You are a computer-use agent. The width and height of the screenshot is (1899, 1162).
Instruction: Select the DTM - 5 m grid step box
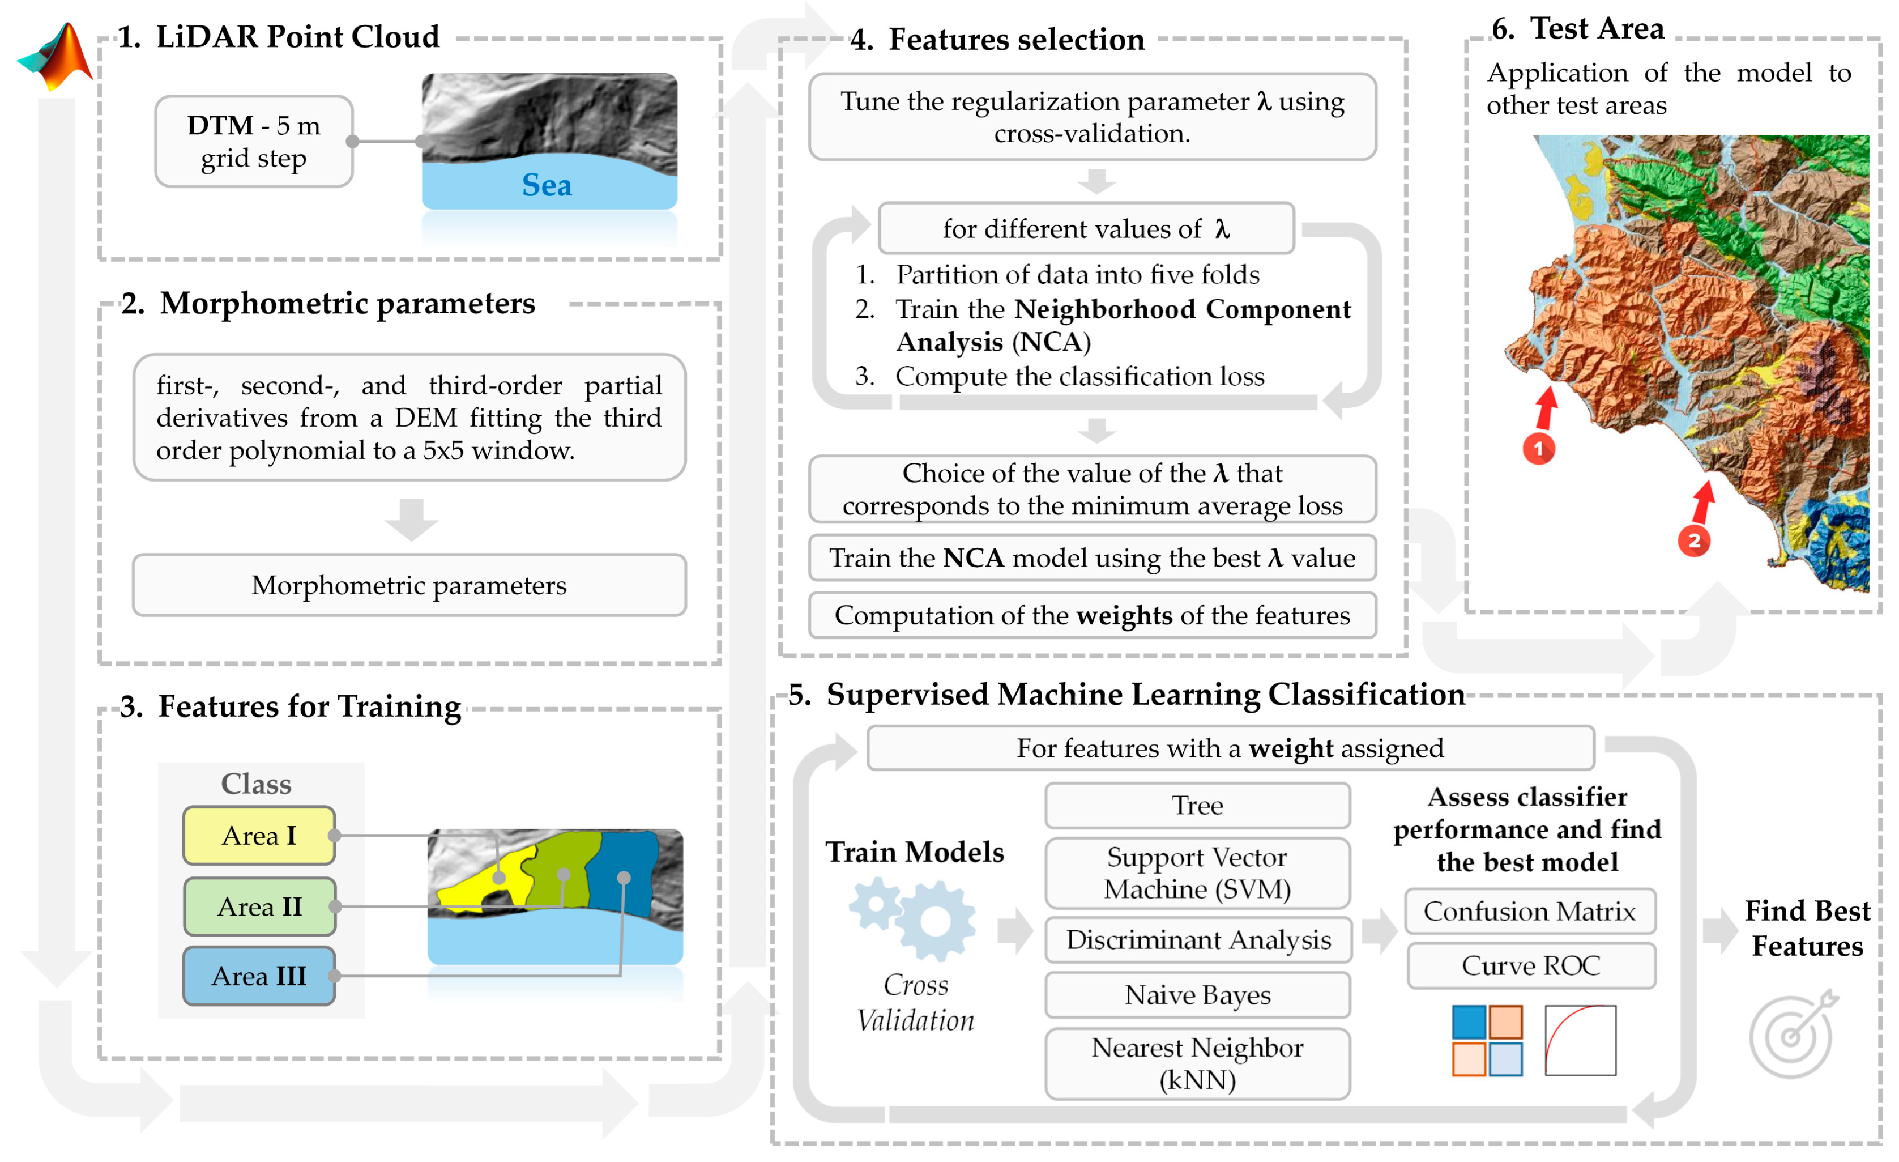click(x=254, y=142)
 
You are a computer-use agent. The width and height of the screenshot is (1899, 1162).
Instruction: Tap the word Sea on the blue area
click(x=547, y=185)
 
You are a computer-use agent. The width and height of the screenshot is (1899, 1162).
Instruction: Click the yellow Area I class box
click(x=259, y=836)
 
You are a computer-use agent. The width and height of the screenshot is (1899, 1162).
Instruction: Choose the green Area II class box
click(x=259, y=907)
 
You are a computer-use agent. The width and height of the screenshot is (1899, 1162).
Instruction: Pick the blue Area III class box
click(x=259, y=976)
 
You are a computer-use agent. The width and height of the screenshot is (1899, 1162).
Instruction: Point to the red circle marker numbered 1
click(x=1538, y=449)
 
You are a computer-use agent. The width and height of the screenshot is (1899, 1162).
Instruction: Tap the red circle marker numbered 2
click(x=1694, y=540)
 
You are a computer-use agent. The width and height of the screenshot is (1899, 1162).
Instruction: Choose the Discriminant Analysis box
click(x=1198, y=940)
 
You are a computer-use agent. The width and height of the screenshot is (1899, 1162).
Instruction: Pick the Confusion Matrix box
click(x=1529, y=912)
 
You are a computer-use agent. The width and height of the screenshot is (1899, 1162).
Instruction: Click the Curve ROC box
click(x=1531, y=965)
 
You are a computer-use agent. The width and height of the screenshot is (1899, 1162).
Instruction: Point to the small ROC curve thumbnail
click(x=1580, y=1040)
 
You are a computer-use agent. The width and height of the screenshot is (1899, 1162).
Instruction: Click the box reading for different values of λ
click(x=1086, y=229)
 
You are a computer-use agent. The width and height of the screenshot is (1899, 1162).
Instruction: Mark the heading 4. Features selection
click(x=997, y=39)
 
